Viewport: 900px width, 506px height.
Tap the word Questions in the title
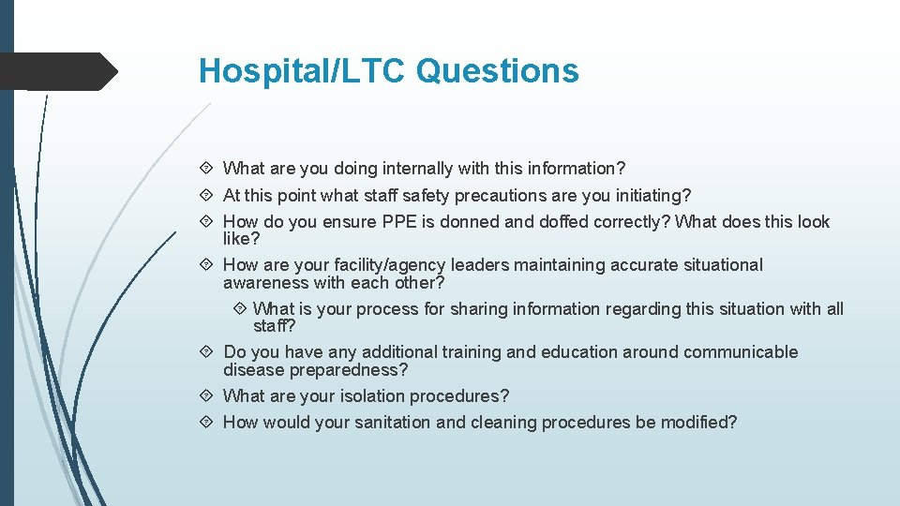498,71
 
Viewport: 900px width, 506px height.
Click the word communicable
741,352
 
